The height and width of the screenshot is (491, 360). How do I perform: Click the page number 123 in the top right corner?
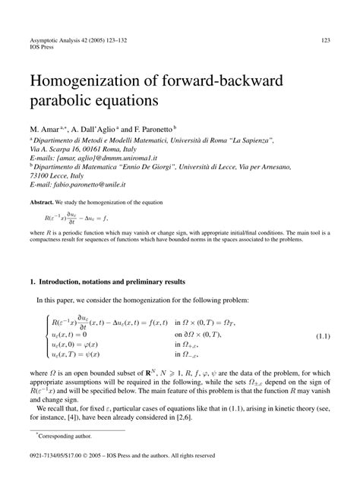(324, 40)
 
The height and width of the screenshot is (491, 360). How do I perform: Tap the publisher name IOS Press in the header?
(43, 48)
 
